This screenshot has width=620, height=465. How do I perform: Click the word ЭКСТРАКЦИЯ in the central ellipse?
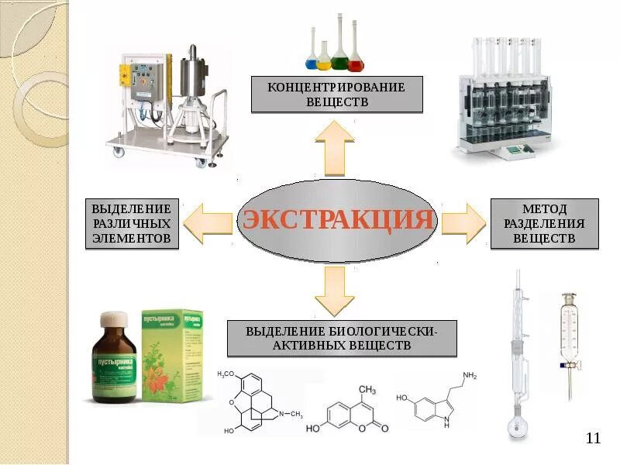338,219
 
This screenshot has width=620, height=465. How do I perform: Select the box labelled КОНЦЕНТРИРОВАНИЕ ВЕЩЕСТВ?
337,94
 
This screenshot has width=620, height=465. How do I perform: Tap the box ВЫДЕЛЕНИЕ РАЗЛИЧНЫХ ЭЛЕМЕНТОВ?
132,224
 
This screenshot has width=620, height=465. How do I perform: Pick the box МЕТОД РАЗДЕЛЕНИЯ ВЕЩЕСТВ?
544,224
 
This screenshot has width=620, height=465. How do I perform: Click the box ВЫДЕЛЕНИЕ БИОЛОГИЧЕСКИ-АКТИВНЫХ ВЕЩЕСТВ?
342,339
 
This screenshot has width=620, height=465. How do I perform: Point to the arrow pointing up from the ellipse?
336,150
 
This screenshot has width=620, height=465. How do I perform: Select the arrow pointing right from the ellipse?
463,220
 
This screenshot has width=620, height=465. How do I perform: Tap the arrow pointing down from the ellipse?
336,290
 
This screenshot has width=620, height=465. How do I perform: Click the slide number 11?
594,439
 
